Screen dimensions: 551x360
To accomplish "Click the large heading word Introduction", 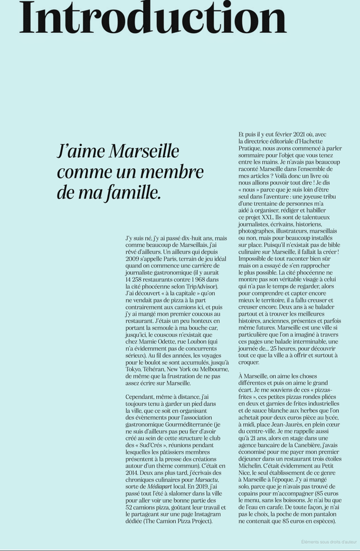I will tap(153, 18).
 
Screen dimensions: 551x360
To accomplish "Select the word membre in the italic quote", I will tap(177, 172).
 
